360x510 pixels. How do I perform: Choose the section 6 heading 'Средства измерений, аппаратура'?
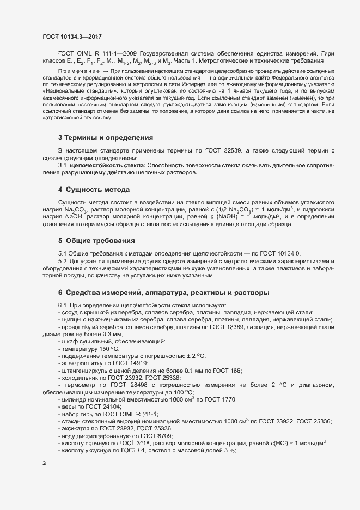pos(163,293)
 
